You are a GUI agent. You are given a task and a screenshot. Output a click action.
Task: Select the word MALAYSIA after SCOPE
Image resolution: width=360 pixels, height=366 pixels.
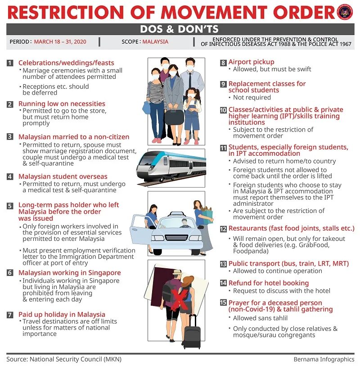pos(155,42)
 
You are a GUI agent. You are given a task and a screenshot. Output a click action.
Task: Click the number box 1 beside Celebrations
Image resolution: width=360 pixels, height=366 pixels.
pos(10,63)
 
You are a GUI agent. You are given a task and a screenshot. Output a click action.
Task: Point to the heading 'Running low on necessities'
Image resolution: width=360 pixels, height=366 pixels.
pos(62,104)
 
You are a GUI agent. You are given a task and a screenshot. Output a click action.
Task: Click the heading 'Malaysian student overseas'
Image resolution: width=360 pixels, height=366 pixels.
pos(63,176)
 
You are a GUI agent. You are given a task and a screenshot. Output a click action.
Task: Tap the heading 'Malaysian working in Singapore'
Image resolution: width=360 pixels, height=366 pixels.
pos(69,273)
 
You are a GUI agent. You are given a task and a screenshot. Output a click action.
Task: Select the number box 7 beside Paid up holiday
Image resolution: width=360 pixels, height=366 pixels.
pos(10,315)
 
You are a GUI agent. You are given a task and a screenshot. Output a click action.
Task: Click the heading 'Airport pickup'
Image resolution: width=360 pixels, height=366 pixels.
pos(251,62)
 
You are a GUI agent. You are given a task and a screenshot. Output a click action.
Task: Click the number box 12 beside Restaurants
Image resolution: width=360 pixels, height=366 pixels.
pos(223,229)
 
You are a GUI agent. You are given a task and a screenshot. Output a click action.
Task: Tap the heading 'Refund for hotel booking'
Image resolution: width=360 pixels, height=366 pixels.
pos(268,283)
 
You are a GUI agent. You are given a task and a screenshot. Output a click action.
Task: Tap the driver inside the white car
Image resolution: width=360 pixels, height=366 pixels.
pos(184,224)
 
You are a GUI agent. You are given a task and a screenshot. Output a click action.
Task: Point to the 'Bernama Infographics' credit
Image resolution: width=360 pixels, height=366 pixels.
pos(324,359)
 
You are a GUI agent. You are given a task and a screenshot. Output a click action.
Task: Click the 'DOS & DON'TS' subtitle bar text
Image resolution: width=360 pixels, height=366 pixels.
pos(180,29)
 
